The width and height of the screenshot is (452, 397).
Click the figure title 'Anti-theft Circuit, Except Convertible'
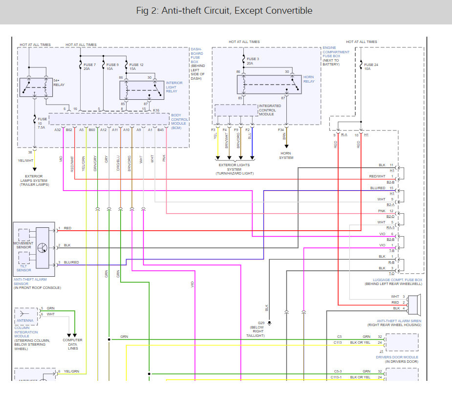click(x=226, y=11)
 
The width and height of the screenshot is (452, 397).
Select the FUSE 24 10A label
click(x=371, y=67)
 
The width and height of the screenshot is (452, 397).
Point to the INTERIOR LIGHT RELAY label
click(x=174, y=87)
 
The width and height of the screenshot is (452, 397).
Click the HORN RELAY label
click(x=309, y=79)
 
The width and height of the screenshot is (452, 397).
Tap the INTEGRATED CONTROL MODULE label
click(x=270, y=110)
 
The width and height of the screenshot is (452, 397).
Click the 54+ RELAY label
click(x=59, y=82)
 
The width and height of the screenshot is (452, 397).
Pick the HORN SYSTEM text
click(x=286, y=155)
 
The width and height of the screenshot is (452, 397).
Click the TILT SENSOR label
click(x=24, y=267)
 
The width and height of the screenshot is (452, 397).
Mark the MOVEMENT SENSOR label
click(x=24, y=245)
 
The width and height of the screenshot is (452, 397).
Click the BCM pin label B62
click(x=69, y=130)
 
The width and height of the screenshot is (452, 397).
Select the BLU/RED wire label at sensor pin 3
click(x=71, y=263)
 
